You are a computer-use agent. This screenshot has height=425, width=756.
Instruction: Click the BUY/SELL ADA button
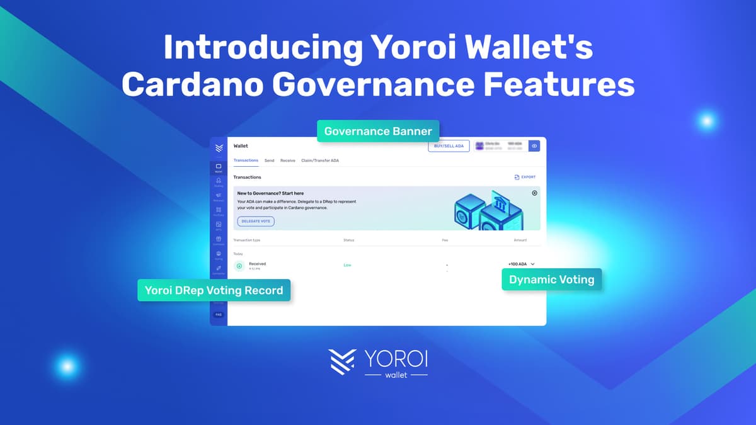(x=449, y=146)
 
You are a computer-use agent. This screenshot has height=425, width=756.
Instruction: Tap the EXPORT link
(x=525, y=178)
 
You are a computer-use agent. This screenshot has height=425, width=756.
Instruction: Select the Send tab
(x=269, y=161)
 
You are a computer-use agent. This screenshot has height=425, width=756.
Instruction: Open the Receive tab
(x=288, y=161)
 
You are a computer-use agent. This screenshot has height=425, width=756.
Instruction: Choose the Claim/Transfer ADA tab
(x=320, y=161)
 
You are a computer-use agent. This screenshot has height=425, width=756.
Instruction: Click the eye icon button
(x=534, y=146)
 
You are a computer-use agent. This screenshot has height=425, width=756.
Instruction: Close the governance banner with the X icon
(x=534, y=193)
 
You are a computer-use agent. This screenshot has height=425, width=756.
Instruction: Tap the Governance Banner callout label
(x=378, y=132)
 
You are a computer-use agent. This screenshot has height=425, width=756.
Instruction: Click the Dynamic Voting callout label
(x=551, y=279)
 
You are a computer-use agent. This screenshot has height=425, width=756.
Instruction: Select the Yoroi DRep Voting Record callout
(x=214, y=290)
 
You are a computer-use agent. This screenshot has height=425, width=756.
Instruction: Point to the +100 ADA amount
(x=517, y=264)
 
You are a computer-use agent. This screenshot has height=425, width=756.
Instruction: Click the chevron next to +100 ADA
(x=533, y=264)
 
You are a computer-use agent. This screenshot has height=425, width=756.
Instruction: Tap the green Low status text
(x=347, y=265)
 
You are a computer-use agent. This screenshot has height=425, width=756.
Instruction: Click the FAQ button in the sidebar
(x=219, y=314)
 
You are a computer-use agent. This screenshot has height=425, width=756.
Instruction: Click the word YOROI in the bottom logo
(x=396, y=359)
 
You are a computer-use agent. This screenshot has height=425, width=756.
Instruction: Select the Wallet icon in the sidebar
(x=219, y=167)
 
